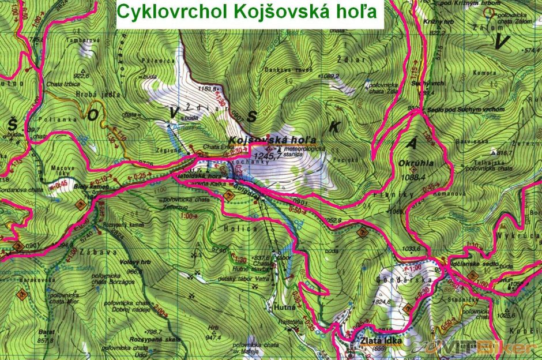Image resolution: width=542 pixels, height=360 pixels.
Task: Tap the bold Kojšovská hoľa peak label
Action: (x=272, y=140)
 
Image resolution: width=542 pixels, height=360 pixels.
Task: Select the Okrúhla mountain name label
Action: (x=415, y=163)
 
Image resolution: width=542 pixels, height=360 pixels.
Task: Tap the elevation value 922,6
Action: (x=82, y=75)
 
